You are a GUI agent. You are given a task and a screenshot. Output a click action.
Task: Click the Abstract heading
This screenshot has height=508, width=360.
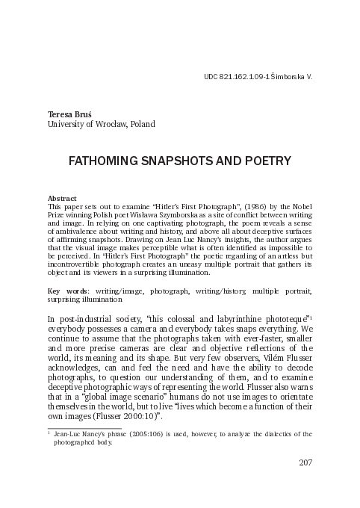coord(62,197)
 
